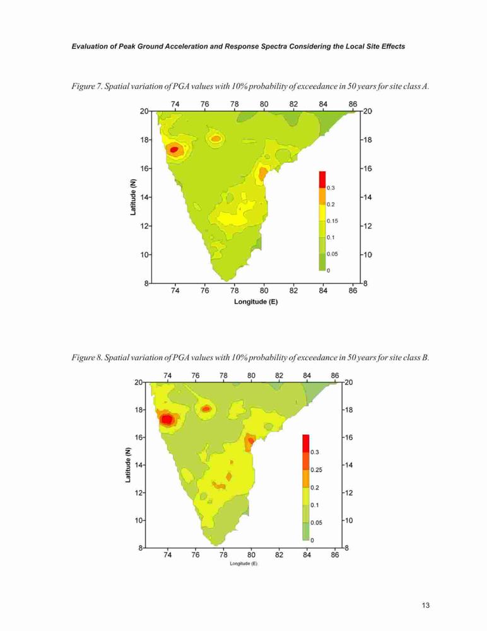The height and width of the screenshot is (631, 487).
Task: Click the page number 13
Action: (426, 605)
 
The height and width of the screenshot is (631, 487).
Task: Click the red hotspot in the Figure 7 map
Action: (174, 150)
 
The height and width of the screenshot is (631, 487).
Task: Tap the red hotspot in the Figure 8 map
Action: (167, 420)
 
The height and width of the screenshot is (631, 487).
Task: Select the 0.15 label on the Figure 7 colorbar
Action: (332, 221)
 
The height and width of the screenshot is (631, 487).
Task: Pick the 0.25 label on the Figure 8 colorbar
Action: (317, 469)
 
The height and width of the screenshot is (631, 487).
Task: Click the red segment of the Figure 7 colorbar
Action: (322, 179)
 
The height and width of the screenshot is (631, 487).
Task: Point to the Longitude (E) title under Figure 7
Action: (256, 302)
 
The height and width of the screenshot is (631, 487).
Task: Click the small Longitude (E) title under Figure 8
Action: (243, 563)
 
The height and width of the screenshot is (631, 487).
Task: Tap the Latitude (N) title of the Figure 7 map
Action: (133, 197)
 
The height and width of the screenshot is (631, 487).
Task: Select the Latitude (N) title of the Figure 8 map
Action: (127, 465)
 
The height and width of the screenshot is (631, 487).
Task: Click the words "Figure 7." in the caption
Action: (87, 86)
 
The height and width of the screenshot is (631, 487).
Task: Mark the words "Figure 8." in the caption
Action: (87, 357)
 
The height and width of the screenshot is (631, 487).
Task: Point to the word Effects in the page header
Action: (393, 46)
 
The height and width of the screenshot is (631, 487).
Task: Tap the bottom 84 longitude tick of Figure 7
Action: (323, 290)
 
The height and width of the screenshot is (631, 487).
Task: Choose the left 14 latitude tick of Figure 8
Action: (139, 465)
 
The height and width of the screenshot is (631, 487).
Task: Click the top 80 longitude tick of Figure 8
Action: (251, 375)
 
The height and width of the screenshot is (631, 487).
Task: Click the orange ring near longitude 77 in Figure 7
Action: (216, 139)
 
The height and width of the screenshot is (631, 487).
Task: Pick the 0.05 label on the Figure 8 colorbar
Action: (316, 522)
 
